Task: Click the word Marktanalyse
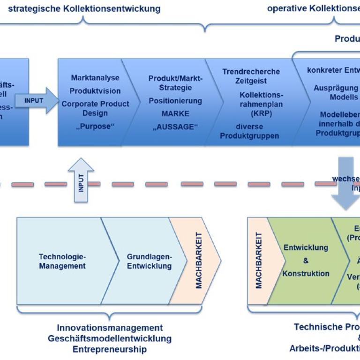coord(95,78)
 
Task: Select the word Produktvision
coord(95,91)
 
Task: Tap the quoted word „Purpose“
coord(95,126)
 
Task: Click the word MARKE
coord(175,114)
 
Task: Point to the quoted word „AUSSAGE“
coord(175,127)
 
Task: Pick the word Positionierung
coord(175,101)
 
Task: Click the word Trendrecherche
coord(251,72)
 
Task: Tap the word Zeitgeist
coord(251,81)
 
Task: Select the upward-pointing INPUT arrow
coord(81,180)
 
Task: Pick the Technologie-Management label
coord(62,261)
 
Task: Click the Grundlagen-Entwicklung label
coord(150,261)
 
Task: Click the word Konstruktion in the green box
coord(306,273)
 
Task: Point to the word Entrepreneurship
coord(109,349)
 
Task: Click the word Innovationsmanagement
coord(110,328)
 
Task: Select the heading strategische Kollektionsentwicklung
coord(84,8)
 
